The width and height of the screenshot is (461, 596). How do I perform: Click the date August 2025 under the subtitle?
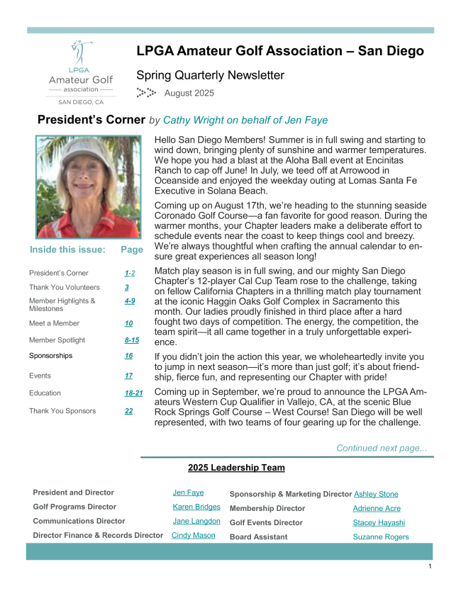coord(189,93)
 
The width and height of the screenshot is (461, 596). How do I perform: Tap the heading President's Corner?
coord(91,120)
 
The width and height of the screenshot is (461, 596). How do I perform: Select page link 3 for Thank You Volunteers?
coord(126,288)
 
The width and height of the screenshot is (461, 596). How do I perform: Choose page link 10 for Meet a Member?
coord(128,323)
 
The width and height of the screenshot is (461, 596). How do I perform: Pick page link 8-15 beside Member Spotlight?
coord(131,340)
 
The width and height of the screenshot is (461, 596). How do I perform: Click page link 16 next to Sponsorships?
coord(128,356)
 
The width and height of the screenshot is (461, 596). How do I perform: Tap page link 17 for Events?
coord(128,376)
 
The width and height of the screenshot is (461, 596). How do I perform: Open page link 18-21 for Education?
coord(133,393)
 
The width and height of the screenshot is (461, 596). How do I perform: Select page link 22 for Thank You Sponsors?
coord(128,410)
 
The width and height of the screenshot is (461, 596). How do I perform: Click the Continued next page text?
coord(382,448)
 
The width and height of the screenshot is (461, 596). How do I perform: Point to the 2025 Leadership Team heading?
coord(236,468)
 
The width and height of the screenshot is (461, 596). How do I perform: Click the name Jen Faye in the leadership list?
coord(188,493)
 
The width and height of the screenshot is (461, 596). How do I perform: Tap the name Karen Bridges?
coord(196,507)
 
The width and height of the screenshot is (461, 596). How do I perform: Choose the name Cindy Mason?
coord(194,535)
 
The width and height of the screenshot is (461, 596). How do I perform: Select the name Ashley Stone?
coord(376,494)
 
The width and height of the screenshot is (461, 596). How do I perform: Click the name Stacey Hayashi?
coord(379,522)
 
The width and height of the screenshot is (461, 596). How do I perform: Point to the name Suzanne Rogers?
coord(381,536)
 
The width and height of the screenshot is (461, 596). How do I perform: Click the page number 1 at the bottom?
coord(430,567)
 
